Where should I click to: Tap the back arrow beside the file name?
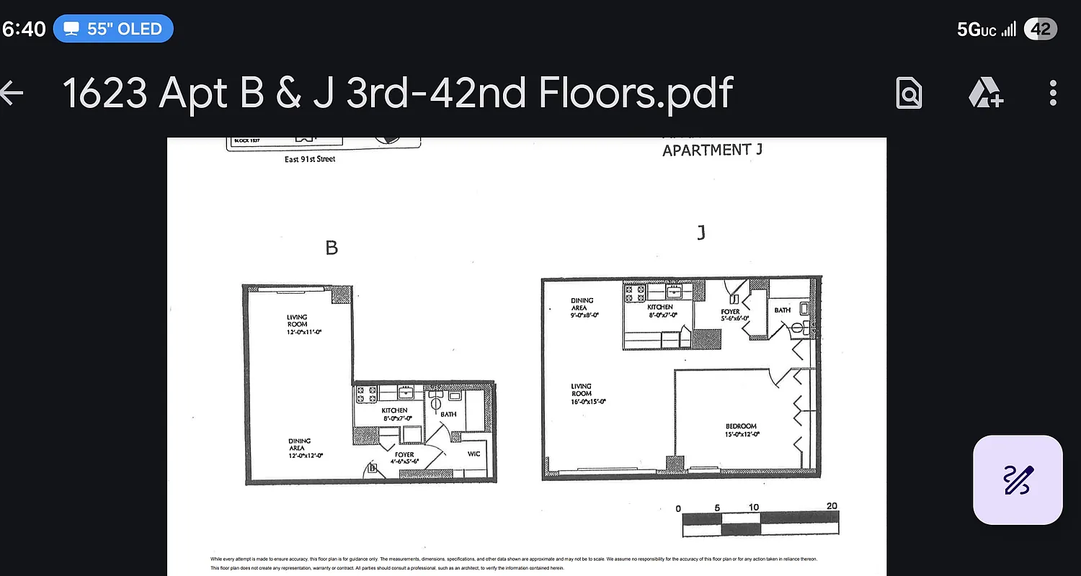[12, 93]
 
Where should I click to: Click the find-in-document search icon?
[909, 93]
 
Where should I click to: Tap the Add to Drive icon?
[985, 93]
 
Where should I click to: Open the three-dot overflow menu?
[1053, 93]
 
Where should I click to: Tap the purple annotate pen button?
[1017, 480]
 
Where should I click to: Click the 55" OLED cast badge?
[113, 29]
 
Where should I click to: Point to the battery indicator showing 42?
[1040, 29]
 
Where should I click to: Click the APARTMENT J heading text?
[711, 150]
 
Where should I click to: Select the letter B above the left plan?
[332, 248]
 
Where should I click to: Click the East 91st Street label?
[310, 159]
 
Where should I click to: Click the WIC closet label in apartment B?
[473, 454]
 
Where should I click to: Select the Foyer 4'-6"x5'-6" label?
[404, 458]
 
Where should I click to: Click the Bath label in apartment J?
[783, 310]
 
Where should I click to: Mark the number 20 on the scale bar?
[832, 506]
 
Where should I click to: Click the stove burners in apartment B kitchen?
[367, 394]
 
